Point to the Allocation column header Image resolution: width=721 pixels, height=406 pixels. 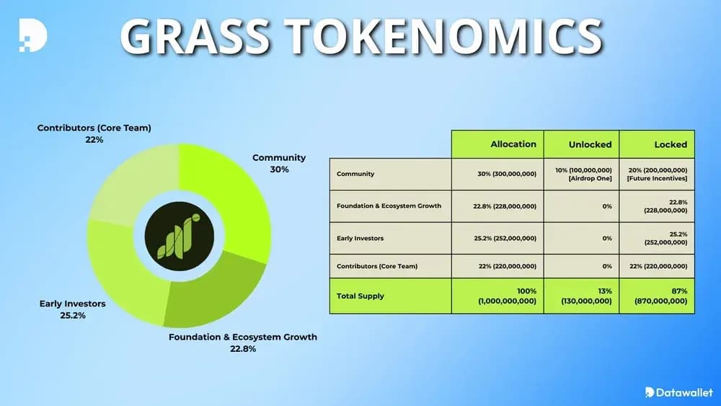(x=513, y=144)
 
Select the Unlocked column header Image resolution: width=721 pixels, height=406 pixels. (x=590, y=144)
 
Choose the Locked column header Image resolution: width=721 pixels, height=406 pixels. (x=671, y=144)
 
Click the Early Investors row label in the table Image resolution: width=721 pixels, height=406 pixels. (x=360, y=238)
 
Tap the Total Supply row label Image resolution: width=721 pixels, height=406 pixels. (x=360, y=296)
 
